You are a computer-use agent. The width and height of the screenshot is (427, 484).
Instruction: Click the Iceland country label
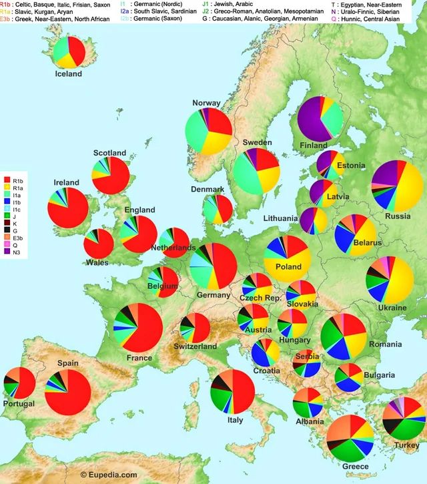pyautogui.click(x=68, y=73)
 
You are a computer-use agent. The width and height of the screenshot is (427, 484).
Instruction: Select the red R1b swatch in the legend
pyautogui.click(x=7, y=180)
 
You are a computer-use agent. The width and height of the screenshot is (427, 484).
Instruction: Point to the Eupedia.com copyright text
pyautogui.click(x=109, y=475)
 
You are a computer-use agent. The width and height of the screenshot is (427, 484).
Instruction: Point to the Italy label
pyautogui.click(x=235, y=420)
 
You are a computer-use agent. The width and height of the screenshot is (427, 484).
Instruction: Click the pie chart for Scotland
pyautogui.click(x=111, y=176)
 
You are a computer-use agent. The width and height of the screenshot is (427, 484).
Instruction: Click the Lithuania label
pyautogui.click(x=280, y=218)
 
